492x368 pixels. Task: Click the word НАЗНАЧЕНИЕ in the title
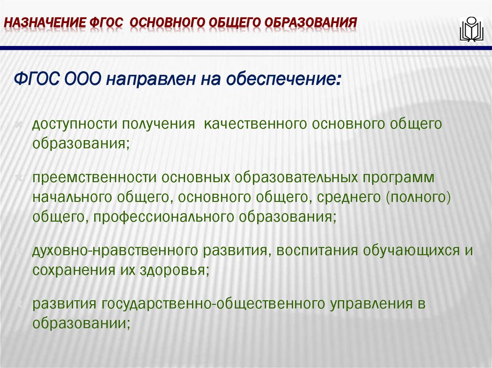point(44,23)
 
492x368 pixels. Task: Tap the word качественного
point(255,125)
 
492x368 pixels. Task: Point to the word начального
point(70,197)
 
